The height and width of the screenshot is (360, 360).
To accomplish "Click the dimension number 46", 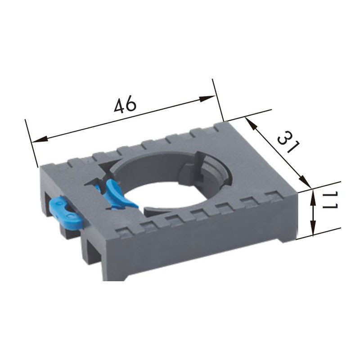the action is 125,105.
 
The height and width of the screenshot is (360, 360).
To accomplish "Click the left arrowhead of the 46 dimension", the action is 39,139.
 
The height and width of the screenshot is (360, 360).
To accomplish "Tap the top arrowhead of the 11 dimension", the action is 313,196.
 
